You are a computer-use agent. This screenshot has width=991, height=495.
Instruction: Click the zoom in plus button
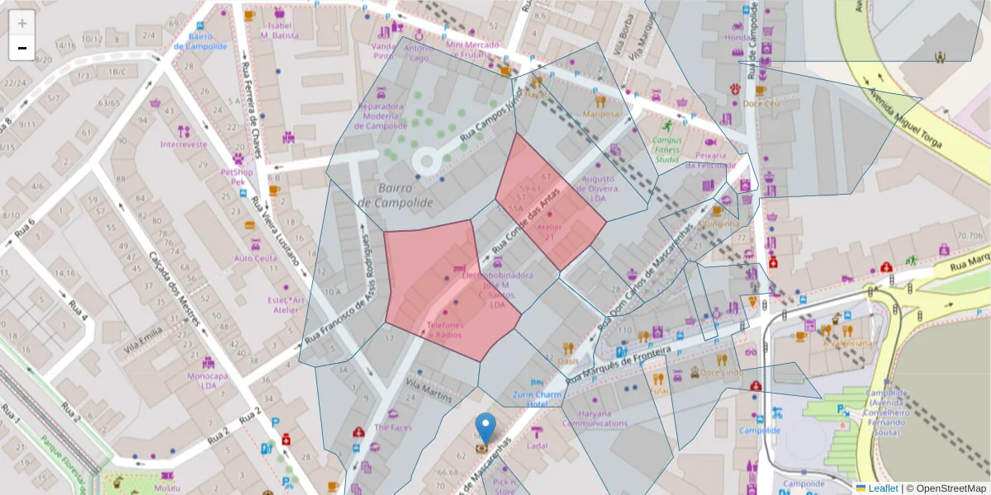click(x=22, y=23)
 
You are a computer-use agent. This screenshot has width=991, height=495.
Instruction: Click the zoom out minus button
click(x=22, y=48)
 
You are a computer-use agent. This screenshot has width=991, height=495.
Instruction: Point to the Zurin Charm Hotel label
click(x=536, y=399)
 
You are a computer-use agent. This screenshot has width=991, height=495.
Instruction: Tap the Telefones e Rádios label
click(x=445, y=330)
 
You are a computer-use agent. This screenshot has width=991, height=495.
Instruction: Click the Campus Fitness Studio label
click(x=666, y=149)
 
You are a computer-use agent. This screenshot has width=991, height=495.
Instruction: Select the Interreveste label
click(x=183, y=144)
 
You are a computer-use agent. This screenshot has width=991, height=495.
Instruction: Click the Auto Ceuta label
click(x=256, y=258)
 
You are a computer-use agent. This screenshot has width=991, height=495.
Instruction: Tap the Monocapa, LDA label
click(x=208, y=380)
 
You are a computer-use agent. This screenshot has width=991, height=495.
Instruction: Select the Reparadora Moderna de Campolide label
click(x=382, y=116)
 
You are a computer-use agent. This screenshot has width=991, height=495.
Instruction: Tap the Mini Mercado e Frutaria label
click(x=472, y=49)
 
